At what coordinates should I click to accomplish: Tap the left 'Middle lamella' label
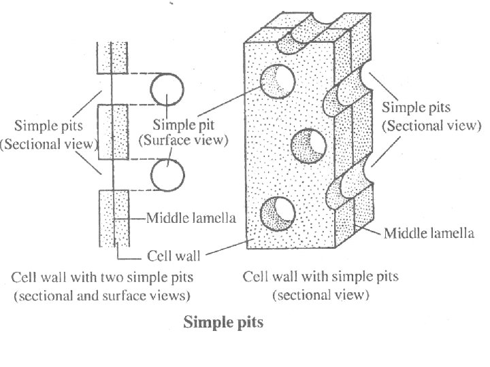(192, 219)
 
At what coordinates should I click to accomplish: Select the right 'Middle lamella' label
(429, 234)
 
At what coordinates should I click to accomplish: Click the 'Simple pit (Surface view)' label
(184, 133)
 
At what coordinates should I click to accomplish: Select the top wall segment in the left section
(112, 58)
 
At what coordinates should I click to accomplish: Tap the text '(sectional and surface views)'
(102, 296)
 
